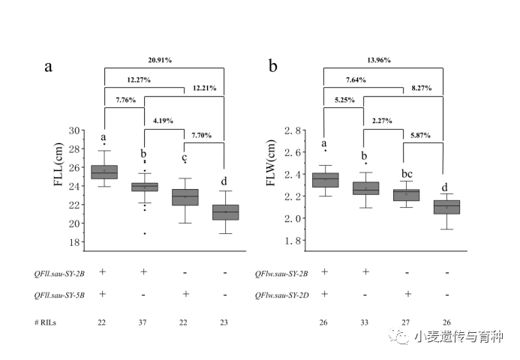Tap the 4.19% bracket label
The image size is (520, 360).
[164, 120]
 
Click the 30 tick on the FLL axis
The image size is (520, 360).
[74, 130]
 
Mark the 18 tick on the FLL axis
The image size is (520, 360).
[74, 242]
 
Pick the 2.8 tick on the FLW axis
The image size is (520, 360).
[294, 131]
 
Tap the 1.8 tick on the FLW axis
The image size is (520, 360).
[294, 241]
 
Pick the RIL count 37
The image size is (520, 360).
[143, 322]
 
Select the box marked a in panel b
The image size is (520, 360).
[325, 180]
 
